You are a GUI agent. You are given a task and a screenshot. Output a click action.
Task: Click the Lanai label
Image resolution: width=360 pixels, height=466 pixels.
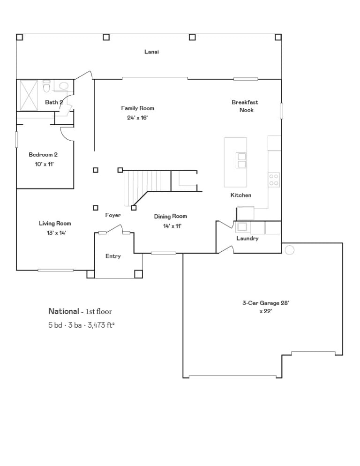click(x=151, y=52)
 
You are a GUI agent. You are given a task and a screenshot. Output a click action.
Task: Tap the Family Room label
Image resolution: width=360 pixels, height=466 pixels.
click(x=138, y=108)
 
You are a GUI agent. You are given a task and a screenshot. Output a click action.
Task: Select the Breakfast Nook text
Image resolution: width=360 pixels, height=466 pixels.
click(x=245, y=106)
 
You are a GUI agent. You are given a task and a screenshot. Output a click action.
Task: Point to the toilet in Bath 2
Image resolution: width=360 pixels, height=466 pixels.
click(x=47, y=86)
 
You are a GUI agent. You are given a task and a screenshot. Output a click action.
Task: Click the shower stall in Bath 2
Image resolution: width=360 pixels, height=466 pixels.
click(x=29, y=95)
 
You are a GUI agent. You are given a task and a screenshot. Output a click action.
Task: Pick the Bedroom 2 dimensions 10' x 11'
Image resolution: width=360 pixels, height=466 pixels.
click(x=44, y=164)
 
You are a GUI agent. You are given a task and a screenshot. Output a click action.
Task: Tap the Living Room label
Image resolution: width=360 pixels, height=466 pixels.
click(x=55, y=224)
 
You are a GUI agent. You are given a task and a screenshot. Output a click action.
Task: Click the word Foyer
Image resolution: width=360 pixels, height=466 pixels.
click(x=113, y=215)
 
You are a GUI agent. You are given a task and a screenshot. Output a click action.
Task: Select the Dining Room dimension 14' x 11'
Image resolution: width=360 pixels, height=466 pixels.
click(x=172, y=226)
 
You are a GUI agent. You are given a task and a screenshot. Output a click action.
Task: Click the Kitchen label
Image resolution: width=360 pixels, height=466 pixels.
click(x=241, y=195)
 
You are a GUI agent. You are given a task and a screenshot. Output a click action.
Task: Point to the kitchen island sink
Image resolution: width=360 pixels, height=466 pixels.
click(x=241, y=160)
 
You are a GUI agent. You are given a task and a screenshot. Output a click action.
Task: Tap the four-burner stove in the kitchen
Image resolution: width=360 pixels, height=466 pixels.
click(x=274, y=180)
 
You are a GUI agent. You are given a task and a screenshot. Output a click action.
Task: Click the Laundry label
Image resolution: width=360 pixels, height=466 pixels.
click(x=247, y=238)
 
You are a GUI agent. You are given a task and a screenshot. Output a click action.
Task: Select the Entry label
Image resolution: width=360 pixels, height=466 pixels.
click(x=113, y=256)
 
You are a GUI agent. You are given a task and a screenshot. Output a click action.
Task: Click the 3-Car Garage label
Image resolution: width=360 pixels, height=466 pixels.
click(x=266, y=303)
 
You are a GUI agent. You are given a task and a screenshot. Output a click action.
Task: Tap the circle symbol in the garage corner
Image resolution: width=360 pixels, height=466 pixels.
click(x=290, y=250)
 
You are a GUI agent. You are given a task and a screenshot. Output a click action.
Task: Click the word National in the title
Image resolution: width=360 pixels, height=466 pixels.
click(x=64, y=311)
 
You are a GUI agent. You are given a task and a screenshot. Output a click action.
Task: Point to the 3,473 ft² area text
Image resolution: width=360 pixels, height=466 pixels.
click(x=101, y=325)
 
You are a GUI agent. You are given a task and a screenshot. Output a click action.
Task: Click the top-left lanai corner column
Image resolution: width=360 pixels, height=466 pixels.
click(x=19, y=37)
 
